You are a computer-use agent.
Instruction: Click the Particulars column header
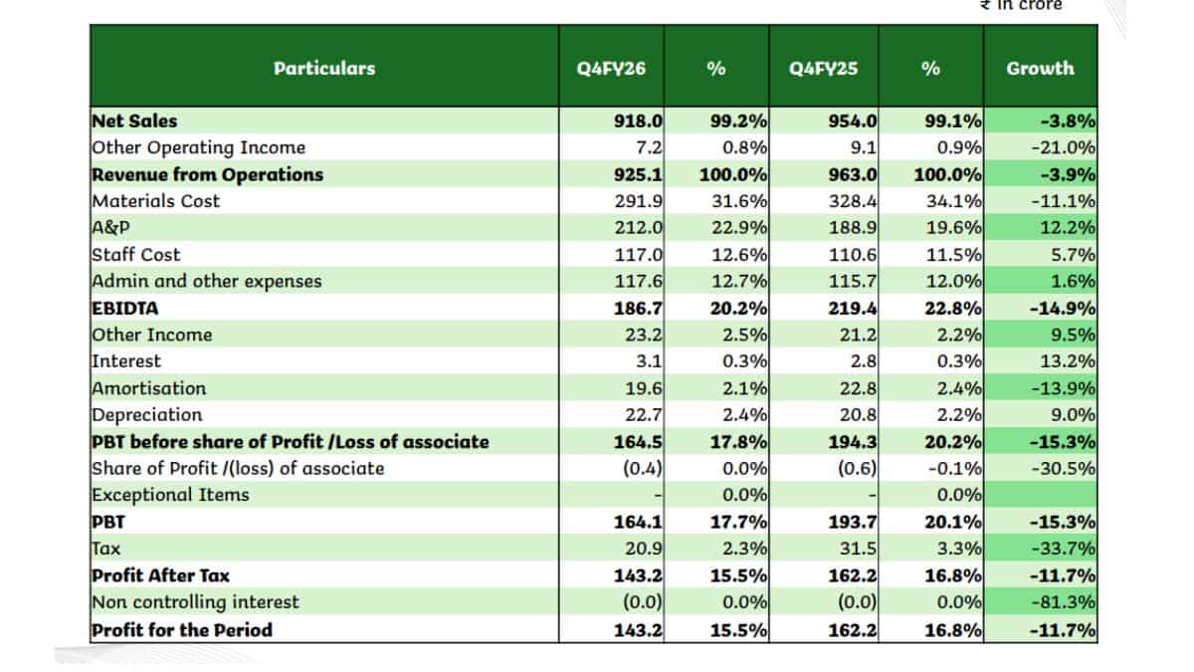324,69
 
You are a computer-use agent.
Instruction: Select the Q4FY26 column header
611,69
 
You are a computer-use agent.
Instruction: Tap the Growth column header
1040,69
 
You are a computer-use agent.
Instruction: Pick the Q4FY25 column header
824,69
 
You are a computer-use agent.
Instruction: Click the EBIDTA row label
125,309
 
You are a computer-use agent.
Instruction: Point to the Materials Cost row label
155,201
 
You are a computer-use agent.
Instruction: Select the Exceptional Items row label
170,495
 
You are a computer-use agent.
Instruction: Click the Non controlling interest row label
195,602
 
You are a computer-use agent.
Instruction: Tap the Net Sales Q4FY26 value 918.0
638,121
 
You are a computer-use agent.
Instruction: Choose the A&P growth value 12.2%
1068,228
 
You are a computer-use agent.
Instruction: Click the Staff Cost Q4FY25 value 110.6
853,255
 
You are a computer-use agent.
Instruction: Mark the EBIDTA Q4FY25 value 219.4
853,309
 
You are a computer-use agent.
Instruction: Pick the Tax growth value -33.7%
1064,549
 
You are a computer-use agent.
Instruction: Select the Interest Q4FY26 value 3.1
649,361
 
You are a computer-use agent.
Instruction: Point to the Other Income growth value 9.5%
1073,335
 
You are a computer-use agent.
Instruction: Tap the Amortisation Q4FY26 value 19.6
644,388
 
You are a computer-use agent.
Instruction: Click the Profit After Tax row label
160,575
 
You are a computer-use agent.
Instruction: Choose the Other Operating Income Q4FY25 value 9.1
863,147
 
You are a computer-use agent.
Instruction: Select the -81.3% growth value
1064,602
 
